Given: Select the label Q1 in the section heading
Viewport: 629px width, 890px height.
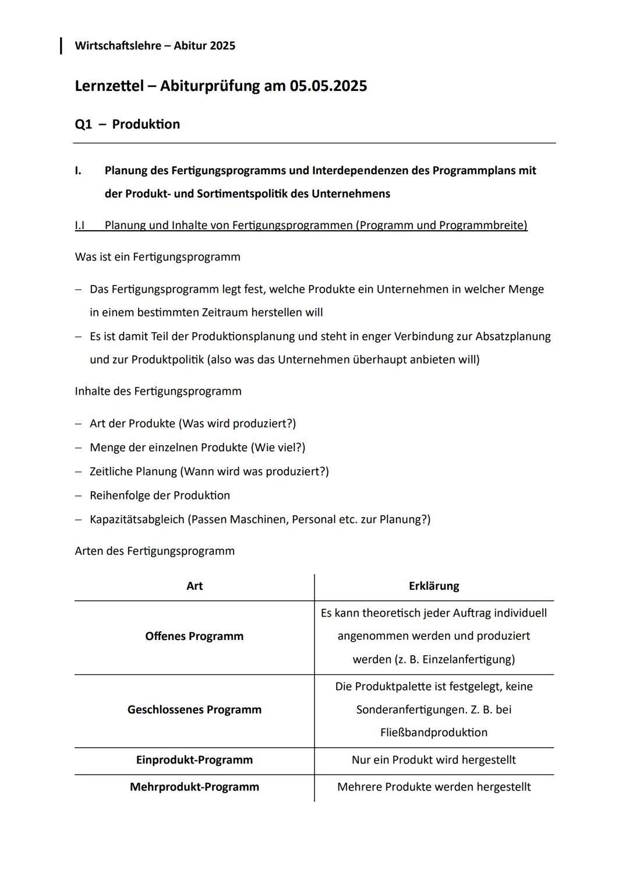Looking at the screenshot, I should click(x=83, y=124).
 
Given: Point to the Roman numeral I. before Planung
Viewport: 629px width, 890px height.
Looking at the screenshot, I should click(x=78, y=171).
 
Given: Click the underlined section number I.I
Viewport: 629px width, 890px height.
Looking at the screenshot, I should click(x=80, y=226).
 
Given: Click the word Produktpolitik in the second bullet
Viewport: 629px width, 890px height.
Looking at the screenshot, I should click(x=168, y=360).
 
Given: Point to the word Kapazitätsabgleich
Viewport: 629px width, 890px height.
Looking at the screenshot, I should click(x=136, y=519).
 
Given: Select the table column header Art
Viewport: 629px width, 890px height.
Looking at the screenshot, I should click(x=195, y=586).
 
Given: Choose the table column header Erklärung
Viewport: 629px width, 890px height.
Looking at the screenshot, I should click(x=434, y=586).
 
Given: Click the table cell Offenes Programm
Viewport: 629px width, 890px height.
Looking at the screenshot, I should click(x=195, y=636).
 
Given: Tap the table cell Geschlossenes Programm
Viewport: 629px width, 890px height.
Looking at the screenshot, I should click(x=195, y=710).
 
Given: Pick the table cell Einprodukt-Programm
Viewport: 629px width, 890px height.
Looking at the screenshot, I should click(x=195, y=760).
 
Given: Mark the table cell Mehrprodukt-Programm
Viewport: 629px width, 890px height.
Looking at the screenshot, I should click(x=195, y=787).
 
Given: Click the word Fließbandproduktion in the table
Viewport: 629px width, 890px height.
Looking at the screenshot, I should click(x=434, y=733).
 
